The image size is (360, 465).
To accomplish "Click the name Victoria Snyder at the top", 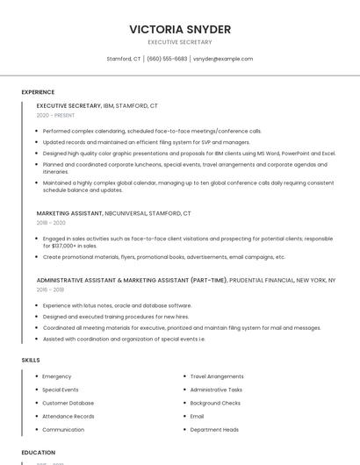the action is click(180, 29).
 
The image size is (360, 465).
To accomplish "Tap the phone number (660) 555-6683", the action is click(167, 59).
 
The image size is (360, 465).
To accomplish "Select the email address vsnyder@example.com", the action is click(223, 59).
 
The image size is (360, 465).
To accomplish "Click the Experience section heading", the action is click(38, 91).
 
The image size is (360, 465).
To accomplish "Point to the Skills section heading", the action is click(31, 360).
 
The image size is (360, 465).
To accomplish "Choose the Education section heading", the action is click(39, 453).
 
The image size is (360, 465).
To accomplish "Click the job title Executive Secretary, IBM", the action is click(97, 105).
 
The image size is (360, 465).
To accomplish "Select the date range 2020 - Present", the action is click(55, 115).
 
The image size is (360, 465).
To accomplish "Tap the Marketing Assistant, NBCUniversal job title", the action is click(113, 213).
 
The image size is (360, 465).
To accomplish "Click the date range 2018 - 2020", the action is click(52, 223).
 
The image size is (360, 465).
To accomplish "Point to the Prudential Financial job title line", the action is click(185, 280).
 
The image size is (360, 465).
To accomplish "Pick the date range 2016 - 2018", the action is click(50, 290).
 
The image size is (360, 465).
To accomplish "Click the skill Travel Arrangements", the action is click(217, 376).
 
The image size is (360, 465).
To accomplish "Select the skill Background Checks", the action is click(215, 403).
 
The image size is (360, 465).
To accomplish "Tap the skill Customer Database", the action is click(68, 403).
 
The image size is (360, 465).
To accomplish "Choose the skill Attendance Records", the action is click(68, 416).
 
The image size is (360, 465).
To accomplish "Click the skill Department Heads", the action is click(214, 430).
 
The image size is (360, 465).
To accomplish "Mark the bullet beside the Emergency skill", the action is click(36, 376).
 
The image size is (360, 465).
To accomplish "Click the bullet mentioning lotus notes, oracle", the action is click(117, 305).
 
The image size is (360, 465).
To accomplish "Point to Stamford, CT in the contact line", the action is click(124, 59).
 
